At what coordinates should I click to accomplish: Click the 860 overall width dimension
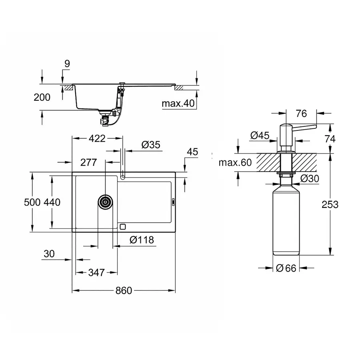click(124, 291)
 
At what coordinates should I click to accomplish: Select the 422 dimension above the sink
click(96, 138)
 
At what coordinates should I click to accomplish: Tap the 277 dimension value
click(88, 162)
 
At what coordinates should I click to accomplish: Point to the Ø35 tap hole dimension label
click(151, 145)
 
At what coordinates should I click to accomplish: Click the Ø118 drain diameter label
click(142, 240)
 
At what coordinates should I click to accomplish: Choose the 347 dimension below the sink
click(96, 272)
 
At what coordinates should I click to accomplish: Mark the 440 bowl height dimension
click(52, 202)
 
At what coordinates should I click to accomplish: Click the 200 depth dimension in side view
click(42, 97)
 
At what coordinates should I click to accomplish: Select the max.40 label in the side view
click(178, 104)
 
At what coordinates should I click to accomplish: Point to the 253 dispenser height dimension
click(330, 204)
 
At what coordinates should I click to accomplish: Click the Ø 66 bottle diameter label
click(286, 268)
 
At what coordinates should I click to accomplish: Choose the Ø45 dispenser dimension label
click(260, 136)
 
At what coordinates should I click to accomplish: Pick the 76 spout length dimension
click(301, 114)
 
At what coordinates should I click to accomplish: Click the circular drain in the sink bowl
click(106, 202)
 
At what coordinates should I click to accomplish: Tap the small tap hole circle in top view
click(123, 176)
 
